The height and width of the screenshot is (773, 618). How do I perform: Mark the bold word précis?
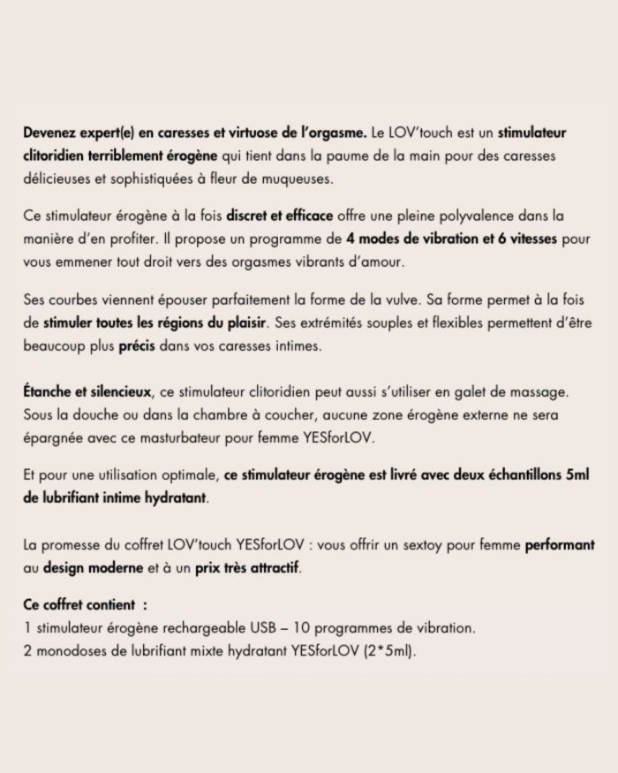[138, 346]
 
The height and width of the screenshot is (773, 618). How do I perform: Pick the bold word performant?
[559, 543]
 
